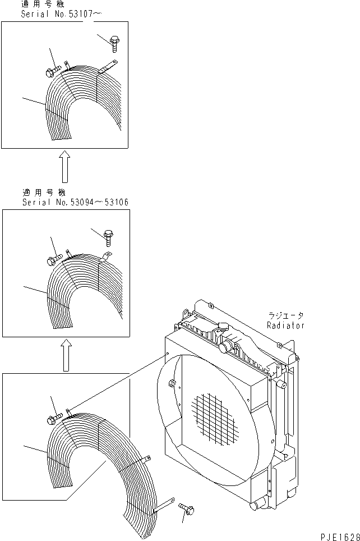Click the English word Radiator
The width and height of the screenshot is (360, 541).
(x=285, y=325)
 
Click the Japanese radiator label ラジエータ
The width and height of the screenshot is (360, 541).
(x=285, y=317)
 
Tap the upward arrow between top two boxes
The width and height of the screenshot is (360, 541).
(x=65, y=167)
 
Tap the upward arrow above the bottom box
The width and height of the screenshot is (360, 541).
(x=66, y=355)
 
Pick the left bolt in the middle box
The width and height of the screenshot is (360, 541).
(x=51, y=260)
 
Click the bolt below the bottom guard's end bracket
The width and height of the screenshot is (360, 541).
(x=187, y=510)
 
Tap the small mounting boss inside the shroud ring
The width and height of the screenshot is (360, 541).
(x=172, y=384)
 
